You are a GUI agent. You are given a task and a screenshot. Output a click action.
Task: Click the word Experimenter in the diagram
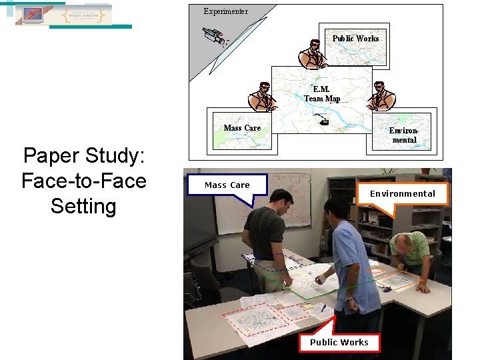[x=226, y=11]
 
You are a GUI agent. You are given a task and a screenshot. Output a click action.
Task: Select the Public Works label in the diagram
[x=355, y=38]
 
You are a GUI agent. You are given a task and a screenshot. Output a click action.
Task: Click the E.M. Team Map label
[x=322, y=94]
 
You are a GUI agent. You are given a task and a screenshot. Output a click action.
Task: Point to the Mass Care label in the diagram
[x=242, y=127]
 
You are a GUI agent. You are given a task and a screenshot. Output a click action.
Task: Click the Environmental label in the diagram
[x=404, y=135]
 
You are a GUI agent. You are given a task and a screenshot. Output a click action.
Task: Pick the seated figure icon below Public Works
[x=312, y=54]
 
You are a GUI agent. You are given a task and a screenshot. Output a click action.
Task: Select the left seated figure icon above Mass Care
[x=262, y=97]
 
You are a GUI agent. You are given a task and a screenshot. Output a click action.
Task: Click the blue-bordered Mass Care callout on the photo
[x=227, y=185]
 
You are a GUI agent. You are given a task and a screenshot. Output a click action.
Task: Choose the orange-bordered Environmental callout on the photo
[x=403, y=193]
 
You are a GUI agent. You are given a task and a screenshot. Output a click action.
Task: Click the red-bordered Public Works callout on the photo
[x=339, y=342]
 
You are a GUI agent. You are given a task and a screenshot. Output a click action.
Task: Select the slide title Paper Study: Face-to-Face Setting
[x=84, y=181]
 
